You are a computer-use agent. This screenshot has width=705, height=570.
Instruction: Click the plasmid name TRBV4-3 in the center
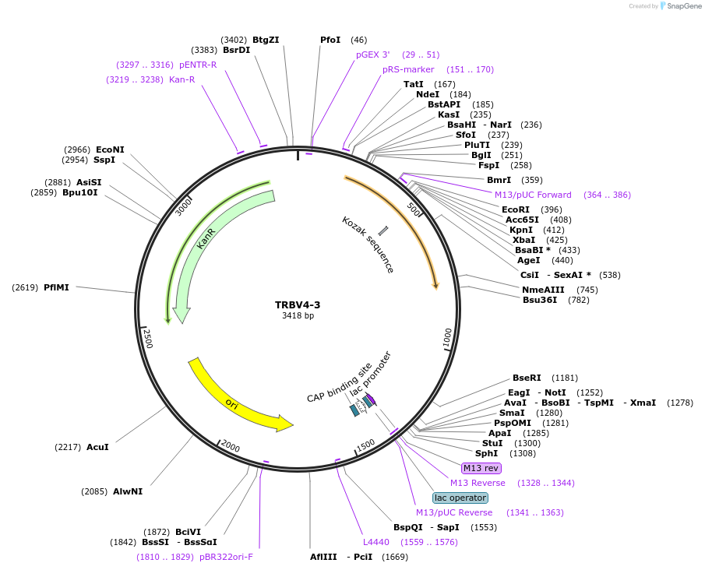(x=298, y=304)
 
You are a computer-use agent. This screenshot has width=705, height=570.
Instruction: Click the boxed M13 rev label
(x=481, y=468)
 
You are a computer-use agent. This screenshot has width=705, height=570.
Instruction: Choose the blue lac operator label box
(x=460, y=498)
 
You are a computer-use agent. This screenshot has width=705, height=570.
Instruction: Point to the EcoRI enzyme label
(x=516, y=209)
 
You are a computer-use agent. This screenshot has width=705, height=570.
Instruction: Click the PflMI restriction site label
(x=56, y=287)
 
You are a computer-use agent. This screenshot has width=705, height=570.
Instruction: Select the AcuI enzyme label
(x=97, y=447)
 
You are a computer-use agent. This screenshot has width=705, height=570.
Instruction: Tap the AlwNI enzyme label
(x=128, y=491)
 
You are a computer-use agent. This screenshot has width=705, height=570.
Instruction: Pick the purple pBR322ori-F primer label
(x=226, y=557)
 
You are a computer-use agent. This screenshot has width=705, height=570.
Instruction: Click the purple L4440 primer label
(x=375, y=542)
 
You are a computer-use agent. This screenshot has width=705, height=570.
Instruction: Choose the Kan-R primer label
(x=182, y=79)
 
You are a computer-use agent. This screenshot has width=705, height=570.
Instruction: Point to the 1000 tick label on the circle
(x=447, y=338)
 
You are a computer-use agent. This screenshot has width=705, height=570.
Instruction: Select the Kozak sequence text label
(x=368, y=245)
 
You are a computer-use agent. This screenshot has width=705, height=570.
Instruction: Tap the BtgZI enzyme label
(x=266, y=40)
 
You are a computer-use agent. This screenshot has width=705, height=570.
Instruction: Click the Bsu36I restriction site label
(x=540, y=300)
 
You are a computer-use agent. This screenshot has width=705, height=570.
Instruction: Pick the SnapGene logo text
(x=682, y=6)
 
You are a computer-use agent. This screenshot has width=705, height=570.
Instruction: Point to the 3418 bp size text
(x=298, y=316)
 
